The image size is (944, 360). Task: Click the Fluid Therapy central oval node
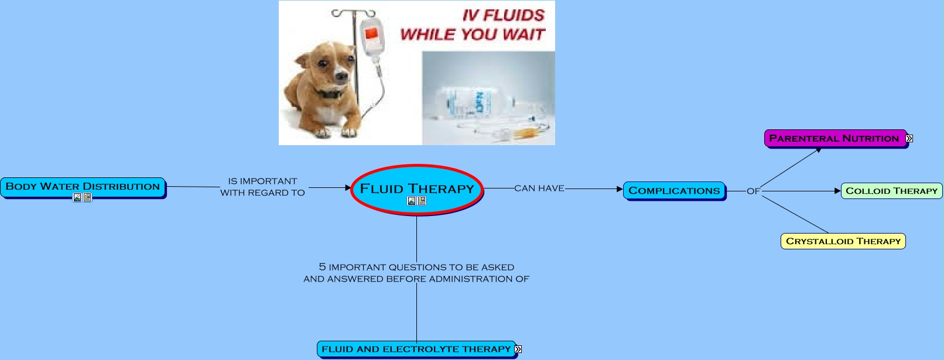[x=416, y=188]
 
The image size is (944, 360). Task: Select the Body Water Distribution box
[x=83, y=187]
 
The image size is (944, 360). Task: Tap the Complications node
[x=674, y=191]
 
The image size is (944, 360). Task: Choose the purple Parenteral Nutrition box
[x=834, y=139]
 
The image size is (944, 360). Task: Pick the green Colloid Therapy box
[x=891, y=191]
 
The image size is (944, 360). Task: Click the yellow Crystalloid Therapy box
[x=843, y=241]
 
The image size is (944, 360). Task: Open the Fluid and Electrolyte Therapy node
[x=416, y=349]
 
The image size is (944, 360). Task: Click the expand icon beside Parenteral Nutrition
[x=909, y=139]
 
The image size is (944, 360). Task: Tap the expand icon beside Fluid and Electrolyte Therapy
[x=518, y=349]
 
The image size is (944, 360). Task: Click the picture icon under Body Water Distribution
[x=77, y=198]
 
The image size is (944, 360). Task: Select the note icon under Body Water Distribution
[x=87, y=198]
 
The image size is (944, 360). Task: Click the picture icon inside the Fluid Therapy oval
[x=412, y=201]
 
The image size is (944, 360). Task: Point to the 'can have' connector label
[x=539, y=188]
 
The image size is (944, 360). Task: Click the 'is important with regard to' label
[x=262, y=187]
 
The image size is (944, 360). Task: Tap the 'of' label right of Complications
[x=753, y=191]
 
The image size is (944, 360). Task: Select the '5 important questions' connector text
[x=416, y=273]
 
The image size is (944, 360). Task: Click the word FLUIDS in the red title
[x=514, y=16]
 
